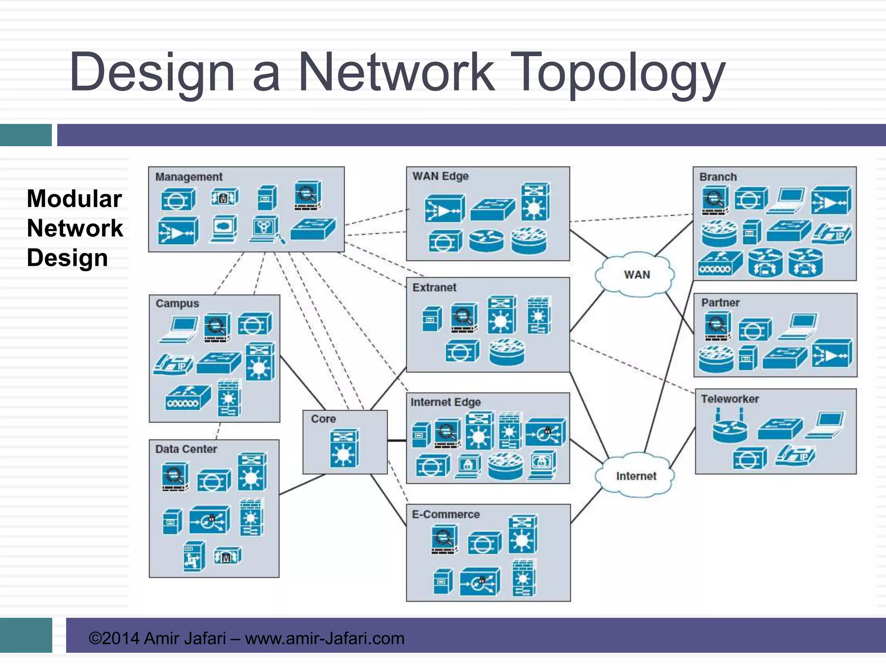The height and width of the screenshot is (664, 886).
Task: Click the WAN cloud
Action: pos(636,275)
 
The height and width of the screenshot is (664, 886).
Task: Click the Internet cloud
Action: pos(636,476)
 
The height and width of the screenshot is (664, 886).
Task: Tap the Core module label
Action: pos(323,419)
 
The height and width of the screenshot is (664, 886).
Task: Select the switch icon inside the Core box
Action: pos(344,448)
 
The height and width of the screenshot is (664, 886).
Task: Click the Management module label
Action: pos(189,177)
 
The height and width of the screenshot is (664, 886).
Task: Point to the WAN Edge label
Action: pos(440,176)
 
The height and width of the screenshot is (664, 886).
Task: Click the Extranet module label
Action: pos(434,287)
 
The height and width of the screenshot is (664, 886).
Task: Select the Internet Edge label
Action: pos(446,402)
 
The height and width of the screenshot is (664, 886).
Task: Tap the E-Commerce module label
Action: pos(446,514)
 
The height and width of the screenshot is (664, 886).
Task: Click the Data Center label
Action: pos(186,449)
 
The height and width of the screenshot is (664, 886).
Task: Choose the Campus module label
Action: pos(177,303)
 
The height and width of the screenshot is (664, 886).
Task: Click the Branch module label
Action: pos(718,177)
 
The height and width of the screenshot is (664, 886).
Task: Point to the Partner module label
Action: pos(720,303)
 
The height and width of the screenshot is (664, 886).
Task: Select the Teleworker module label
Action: pos(730,399)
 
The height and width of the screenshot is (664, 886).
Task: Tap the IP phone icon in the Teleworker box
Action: pos(795,456)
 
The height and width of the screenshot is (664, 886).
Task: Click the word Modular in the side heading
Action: pos(74,199)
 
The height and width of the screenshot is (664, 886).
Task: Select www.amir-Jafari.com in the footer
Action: pos(324,638)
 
